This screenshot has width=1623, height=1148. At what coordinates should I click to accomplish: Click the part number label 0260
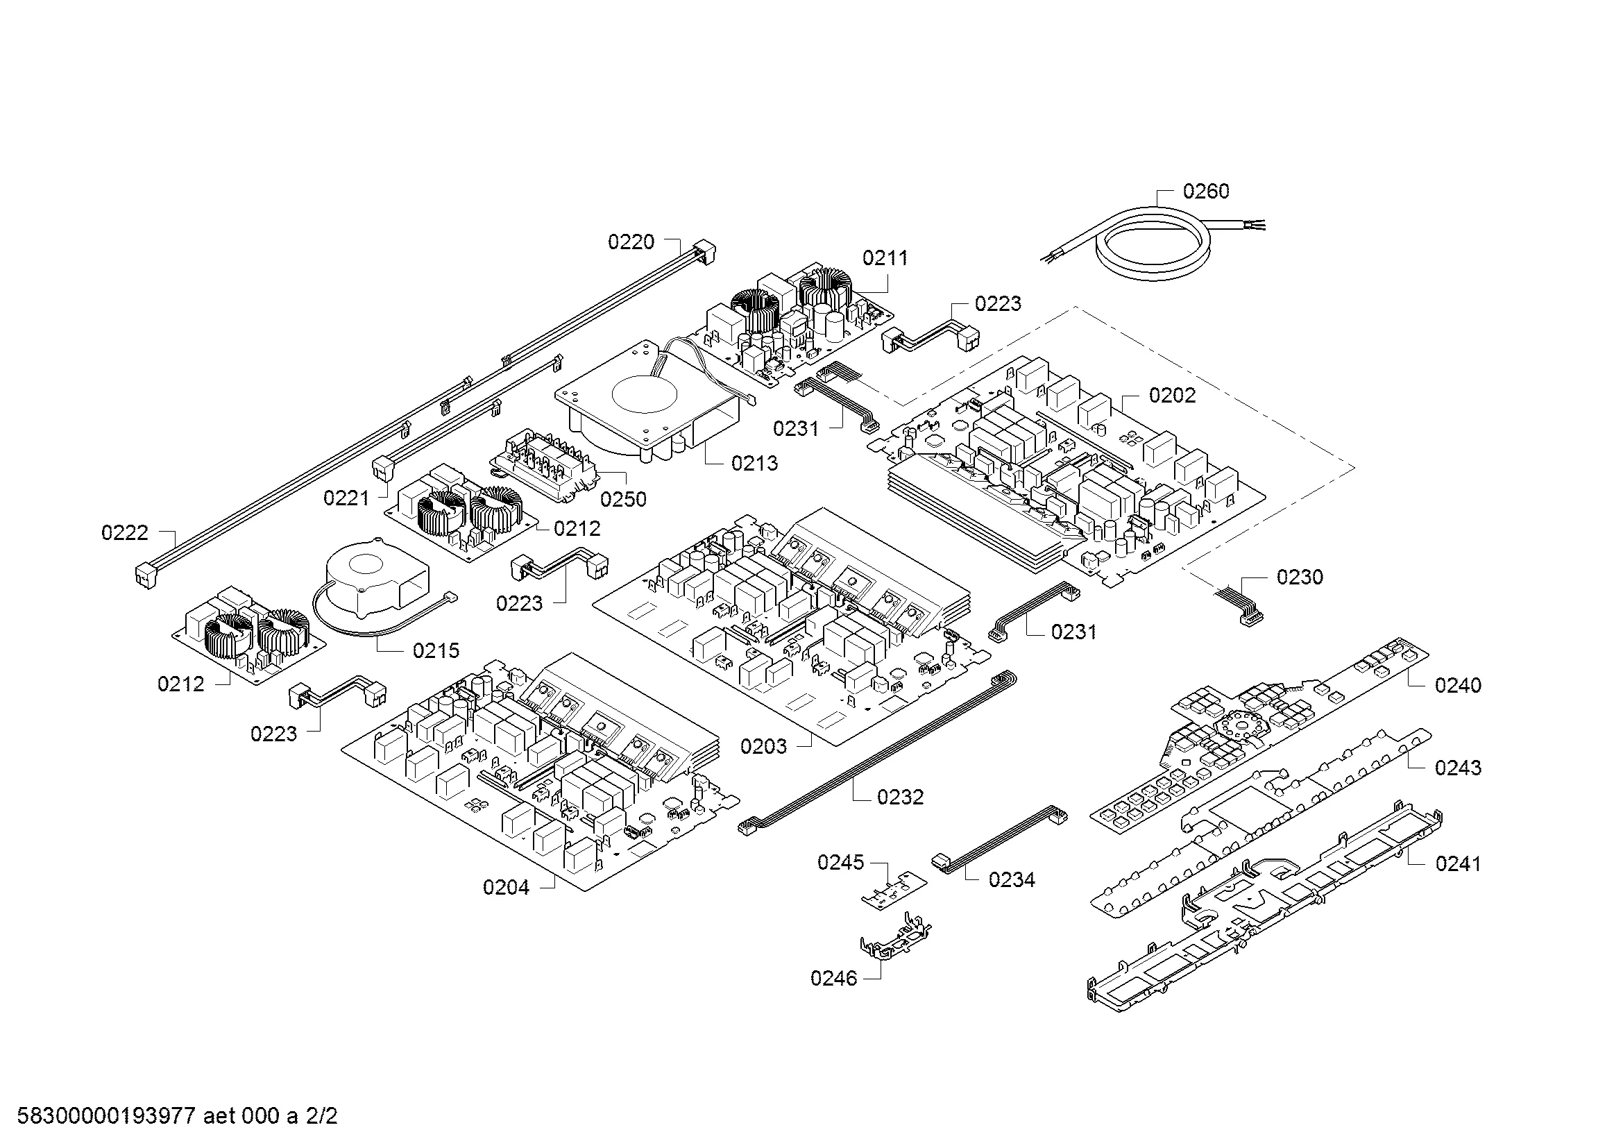pos(1206,192)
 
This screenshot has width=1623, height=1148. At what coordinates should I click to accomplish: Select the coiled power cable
pos(1153,244)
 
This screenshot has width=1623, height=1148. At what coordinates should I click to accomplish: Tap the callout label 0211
pos(885,258)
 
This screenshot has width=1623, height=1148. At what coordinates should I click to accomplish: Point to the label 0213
pos(754,464)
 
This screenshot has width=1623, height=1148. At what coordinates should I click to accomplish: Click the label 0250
pos(624,500)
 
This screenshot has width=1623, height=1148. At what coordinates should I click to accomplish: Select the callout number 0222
pos(124,533)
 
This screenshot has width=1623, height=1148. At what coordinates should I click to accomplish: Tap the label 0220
pos(631,242)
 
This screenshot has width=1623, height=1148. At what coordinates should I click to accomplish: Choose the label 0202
pos(1172,395)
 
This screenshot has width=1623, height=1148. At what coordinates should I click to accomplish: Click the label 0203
pos(763,747)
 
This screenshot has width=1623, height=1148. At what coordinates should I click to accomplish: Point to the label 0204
pos(506,888)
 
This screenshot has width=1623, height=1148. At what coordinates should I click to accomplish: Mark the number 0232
pos(900,797)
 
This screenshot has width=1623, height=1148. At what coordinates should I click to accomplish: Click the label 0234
pos(1012,880)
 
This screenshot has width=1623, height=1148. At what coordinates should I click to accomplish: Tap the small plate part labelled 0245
pos(893,888)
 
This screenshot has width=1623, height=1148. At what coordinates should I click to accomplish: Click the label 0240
pos(1458,685)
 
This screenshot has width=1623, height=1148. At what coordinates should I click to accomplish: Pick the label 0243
pos(1458,768)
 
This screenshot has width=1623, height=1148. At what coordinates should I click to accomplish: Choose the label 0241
pos(1458,864)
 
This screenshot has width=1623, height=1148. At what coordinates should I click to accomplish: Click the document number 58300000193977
pos(106,1116)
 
